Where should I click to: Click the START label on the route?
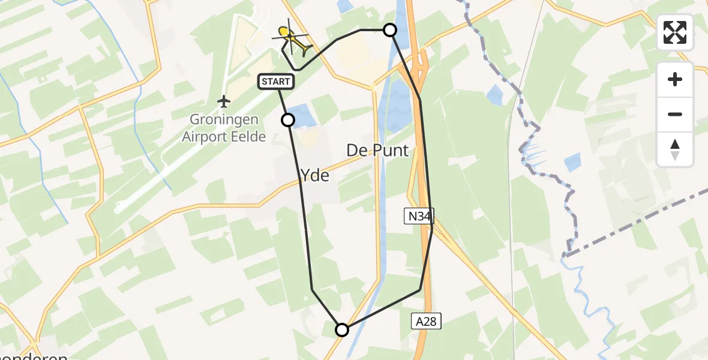[x=276, y=82]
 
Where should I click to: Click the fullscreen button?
[x=675, y=32]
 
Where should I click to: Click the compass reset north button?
[x=675, y=149]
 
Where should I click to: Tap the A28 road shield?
[x=427, y=321]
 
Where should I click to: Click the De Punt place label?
[x=377, y=151]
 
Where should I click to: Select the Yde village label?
[x=314, y=175]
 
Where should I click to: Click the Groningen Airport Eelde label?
[x=224, y=129]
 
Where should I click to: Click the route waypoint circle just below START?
[x=288, y=120]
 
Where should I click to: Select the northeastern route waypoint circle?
[x=390, y=30]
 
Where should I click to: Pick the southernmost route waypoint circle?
[x=342, y=329]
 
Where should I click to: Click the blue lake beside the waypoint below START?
[x=304, y=116]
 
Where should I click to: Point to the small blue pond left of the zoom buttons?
[x=572, y=162]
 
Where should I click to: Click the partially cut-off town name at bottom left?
[x=36, y=355]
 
